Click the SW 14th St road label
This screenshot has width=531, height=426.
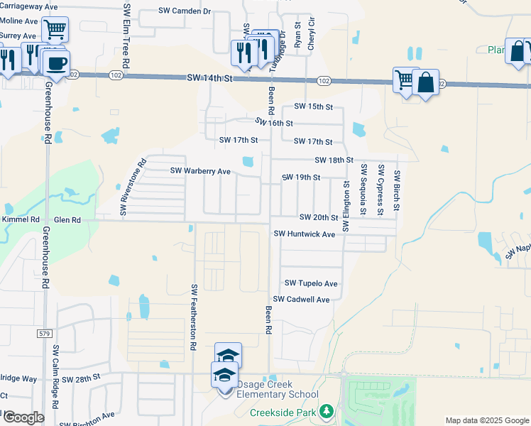[210, 77]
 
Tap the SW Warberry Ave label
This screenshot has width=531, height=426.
[200, 171]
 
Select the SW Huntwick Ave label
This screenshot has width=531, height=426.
[304, 234]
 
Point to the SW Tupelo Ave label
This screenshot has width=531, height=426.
[311, 283]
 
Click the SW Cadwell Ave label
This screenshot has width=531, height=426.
[302, 300]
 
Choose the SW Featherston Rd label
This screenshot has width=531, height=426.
[192, 317]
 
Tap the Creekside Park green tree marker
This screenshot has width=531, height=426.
[326, 411]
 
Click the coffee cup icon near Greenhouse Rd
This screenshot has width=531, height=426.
[56, 62]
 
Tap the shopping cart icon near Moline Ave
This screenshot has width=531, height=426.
[55, 30]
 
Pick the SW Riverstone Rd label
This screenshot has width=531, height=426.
[132, 187]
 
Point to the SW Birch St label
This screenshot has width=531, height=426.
[398, 192]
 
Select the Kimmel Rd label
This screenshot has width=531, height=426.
[20, 220]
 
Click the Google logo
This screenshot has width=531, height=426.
[23, 417]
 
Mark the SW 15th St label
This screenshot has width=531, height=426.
[313, 106]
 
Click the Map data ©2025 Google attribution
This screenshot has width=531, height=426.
[487, 420]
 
